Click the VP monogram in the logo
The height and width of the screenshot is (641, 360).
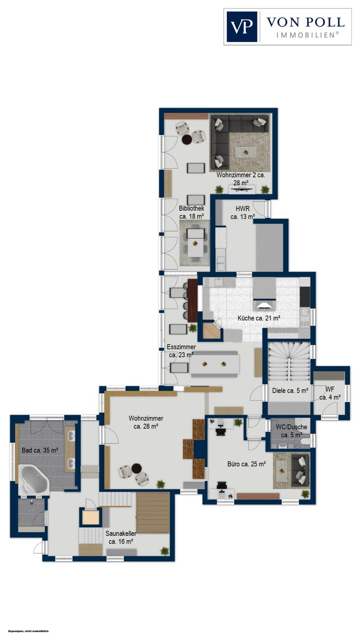242,26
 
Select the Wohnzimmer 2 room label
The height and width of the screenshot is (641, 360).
241,179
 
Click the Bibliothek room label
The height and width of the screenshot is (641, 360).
192,212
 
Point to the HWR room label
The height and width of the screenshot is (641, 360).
243,213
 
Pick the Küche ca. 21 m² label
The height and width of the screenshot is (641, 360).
258,318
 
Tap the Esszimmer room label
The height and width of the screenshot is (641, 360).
181,351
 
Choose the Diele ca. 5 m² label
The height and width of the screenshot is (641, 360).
290,390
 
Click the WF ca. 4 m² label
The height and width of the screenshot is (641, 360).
330,393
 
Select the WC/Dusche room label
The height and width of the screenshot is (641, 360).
291,431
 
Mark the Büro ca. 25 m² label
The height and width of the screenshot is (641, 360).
246,464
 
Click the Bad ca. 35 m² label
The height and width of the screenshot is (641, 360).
40,450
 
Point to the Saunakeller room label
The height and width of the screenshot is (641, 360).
121,538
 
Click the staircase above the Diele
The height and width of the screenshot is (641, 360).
289,362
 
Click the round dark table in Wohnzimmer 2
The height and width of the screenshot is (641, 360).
187,140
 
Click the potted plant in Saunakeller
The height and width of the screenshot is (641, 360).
164,551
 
